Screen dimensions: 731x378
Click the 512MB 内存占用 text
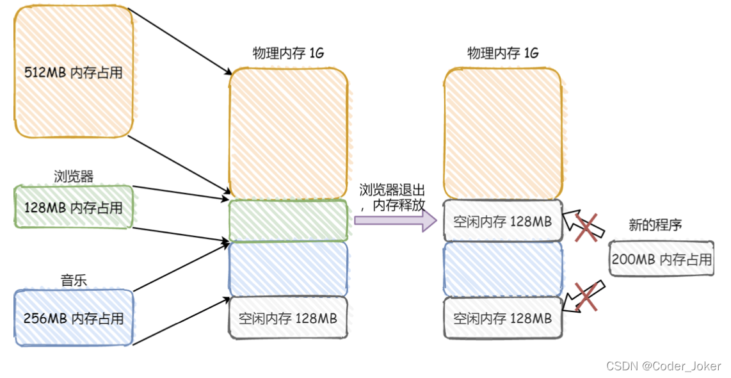point(73,72)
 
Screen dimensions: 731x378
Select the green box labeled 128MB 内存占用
point(73,207)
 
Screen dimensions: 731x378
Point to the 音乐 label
point(72,279)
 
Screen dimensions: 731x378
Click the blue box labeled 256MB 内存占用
point(73,318)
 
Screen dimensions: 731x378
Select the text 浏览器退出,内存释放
point(392,198)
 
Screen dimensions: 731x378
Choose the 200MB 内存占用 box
point(661,259)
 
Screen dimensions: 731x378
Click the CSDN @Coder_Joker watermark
point(663,366)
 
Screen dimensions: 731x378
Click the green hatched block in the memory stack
point(288,220)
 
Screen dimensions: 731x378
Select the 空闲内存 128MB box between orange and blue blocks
point(503,222)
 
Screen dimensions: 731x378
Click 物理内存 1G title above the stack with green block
point(288,54)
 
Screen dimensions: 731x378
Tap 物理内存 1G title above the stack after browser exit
point(503,54)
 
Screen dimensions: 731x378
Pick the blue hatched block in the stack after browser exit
point(503,268)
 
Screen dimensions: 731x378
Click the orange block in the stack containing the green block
point(288,133)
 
